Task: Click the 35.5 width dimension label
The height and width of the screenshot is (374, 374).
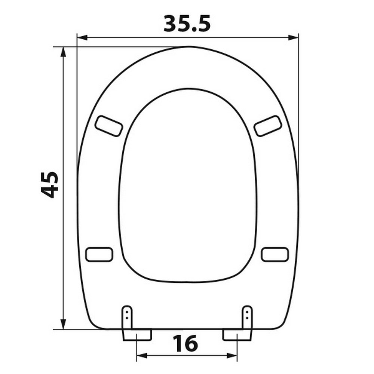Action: [187, 24]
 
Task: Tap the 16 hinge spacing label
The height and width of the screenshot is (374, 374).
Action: [186, 343]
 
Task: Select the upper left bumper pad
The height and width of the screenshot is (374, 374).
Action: [109, 126]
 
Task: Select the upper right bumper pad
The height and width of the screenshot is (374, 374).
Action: [268, 126]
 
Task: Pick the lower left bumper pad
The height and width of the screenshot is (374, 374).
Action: [99, 254]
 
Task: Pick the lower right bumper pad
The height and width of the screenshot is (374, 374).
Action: [275, 254]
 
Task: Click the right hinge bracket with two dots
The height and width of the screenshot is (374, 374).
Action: [247, 317]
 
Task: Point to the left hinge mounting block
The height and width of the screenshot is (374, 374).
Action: [137, 335]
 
